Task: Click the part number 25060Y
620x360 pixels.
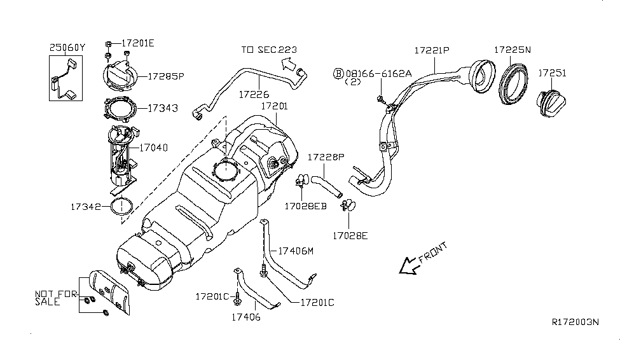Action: (x=67, y=47)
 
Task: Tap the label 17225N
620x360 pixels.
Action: (x=513, y=50)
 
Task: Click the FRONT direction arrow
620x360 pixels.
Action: (x=407, y=265)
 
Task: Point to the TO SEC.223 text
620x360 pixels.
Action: (x=268, y=50)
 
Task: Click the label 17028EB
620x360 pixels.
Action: (x=305, y=206)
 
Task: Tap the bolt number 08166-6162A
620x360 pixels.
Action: (x=378, y=74)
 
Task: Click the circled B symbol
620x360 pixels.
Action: (x=338, y=74)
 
